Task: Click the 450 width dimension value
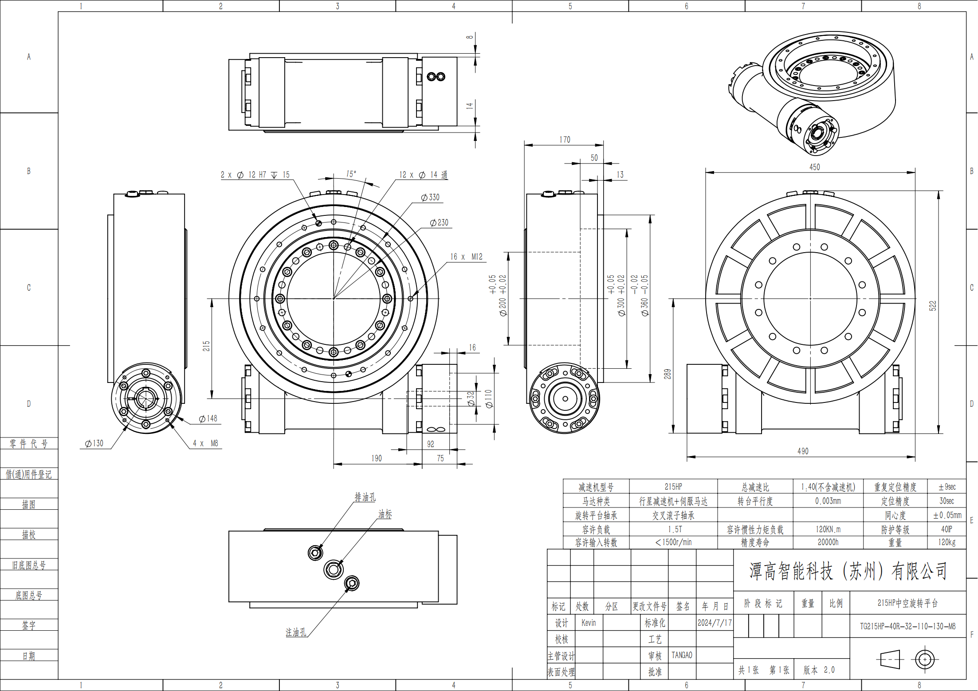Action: point(814,167)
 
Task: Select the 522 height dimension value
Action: point(932,305)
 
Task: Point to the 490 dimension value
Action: point(803,451)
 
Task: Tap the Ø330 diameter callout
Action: point(430,197)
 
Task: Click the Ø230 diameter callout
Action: point(439,223)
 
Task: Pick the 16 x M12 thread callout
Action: point(466,257)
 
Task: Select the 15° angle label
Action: point(351,174)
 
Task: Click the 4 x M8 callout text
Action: point(205,443)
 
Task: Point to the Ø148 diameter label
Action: point(208,418)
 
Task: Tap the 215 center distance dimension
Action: point(206,346)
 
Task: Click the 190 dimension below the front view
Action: point(377,458)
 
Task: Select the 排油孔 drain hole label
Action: point(365,497)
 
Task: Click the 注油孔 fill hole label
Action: point(296,632)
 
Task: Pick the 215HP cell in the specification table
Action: point(673,487)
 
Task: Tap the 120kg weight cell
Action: point(947,542)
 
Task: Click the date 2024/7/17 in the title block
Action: point(714,623)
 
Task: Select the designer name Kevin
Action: point(589,623)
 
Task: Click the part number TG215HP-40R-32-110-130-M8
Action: point(907,626)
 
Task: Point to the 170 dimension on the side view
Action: point(565,140)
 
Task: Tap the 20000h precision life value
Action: point(828,542)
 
